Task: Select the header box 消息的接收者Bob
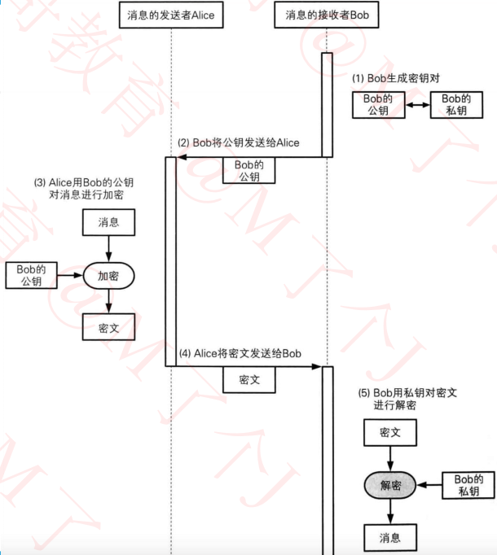coord(327,15)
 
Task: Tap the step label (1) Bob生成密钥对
coord(396,78)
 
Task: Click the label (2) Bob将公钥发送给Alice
coord(239,142)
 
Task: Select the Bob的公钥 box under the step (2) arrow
coord(249,171)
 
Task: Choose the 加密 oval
coord(108,276)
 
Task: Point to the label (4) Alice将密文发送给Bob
coord(240,353)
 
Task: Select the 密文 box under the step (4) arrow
coord(249,379)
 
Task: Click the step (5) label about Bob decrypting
coord(407,399)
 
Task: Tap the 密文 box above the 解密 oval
coord(390,432)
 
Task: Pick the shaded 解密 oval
coord(390,486)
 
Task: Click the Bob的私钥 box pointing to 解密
coord(468,486)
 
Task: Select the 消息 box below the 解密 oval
coord(390,537)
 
